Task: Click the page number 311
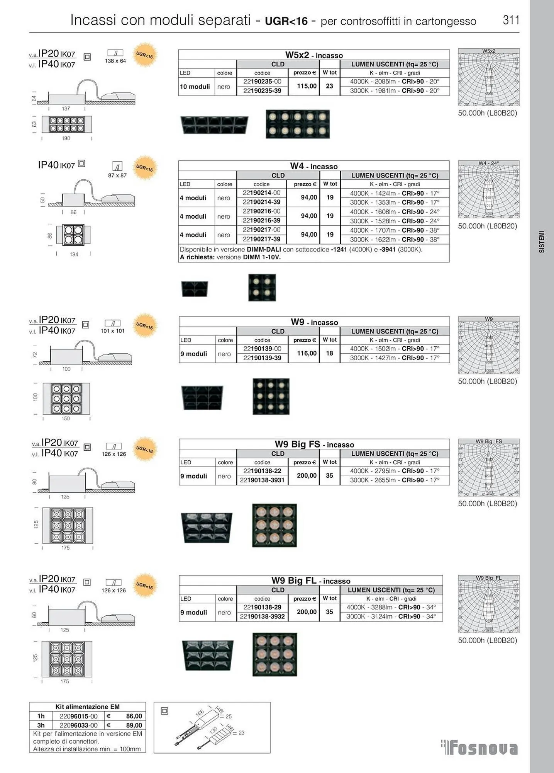coord(511,20)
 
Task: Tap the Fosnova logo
coord(479,747)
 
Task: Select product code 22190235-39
coord(262,91)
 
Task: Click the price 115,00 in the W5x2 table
coord(307,86)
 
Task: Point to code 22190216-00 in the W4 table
coord(261,211)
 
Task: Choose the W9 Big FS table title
coord(314,444)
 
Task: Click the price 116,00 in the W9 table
coord(307,353)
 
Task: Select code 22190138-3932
coord(262,616)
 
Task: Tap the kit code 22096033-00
coord(78,725)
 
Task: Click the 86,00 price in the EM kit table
coord(134,716)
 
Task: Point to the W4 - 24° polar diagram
coord(488,189)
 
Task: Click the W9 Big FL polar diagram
coord(488,604)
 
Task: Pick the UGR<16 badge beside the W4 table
coord(144,168)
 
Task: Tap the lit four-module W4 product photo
coord(262,287)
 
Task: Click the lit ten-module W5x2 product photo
coord(298,124)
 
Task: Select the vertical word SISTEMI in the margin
coord(542,242)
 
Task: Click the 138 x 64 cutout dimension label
coord(115,61)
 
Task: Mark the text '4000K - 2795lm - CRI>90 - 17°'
coord(395,471)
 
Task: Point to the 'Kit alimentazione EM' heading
coord(87,707)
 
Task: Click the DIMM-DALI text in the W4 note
coord(264,250)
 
